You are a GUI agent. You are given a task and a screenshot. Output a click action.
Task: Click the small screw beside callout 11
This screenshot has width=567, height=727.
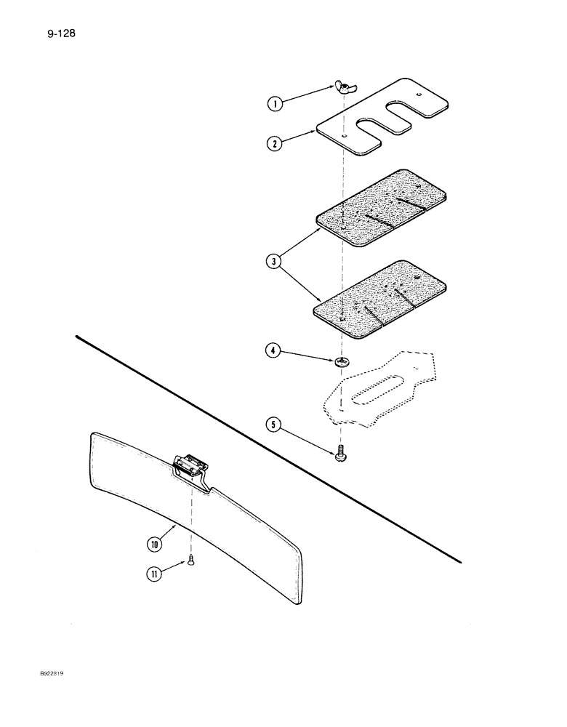190,559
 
